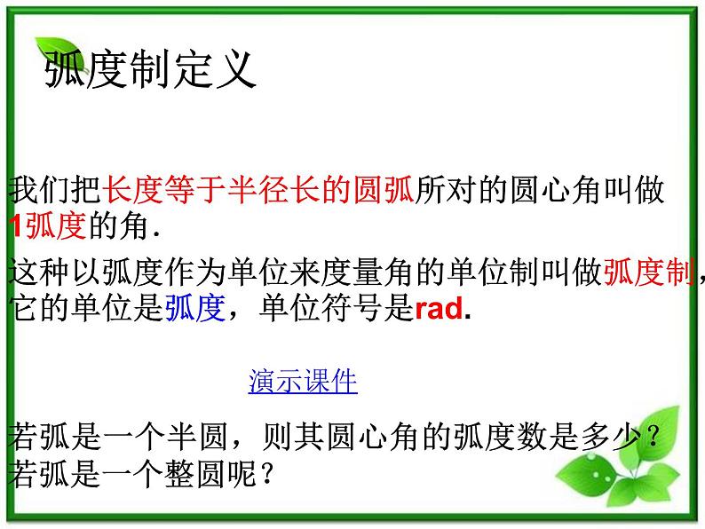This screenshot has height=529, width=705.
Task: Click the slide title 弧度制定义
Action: coord(150,68)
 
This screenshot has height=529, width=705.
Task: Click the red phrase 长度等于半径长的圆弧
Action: coord(258,191)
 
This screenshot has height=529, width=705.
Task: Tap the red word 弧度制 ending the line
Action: coord(649,272)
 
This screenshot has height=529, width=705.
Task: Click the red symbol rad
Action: coord(439,309)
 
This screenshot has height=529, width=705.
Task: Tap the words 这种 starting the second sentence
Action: coord(36,272)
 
